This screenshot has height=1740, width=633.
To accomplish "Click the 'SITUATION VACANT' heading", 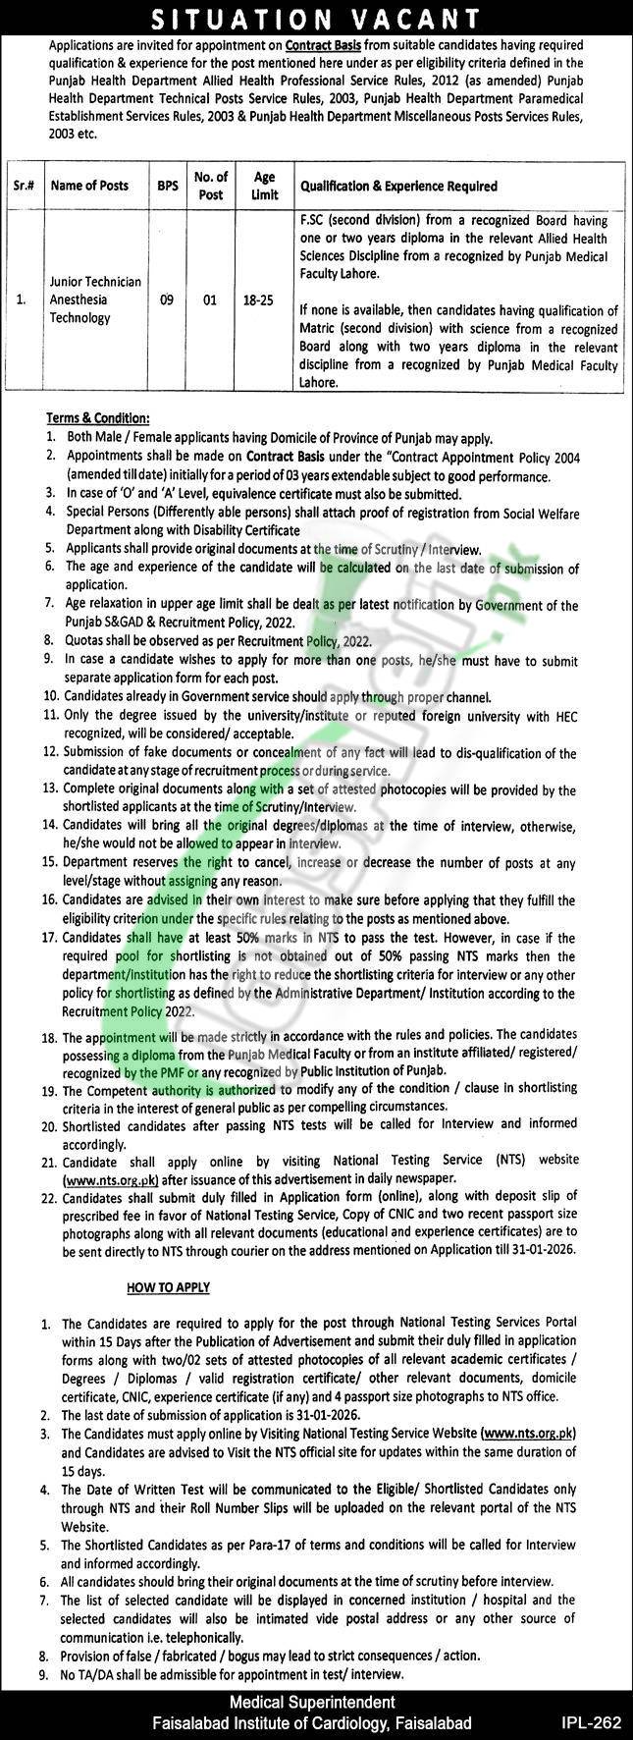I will (x=316, y=18).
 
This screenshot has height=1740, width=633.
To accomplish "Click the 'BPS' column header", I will (x=167, y=186).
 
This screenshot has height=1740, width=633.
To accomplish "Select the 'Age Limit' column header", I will (x=264, y=185).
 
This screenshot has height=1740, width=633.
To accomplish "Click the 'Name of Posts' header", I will (x=88, y=186).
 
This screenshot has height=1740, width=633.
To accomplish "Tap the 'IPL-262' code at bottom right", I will (x=590, y=1722).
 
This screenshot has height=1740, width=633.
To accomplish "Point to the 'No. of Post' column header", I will (x=210, y=185).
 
